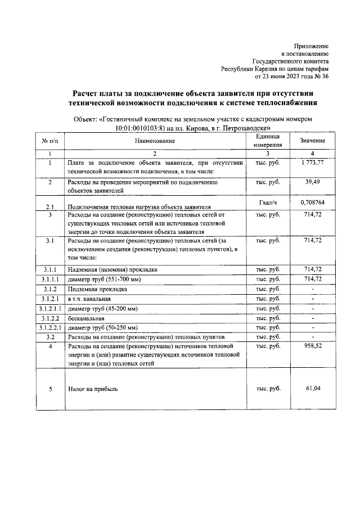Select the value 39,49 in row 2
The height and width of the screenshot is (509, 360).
point(312,182)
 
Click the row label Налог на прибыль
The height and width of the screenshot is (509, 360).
point(93,389)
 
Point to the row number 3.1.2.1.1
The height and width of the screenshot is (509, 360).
point(50,309)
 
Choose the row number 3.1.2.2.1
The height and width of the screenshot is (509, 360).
point(50,327)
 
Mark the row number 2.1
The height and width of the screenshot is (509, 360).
point(50,206)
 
